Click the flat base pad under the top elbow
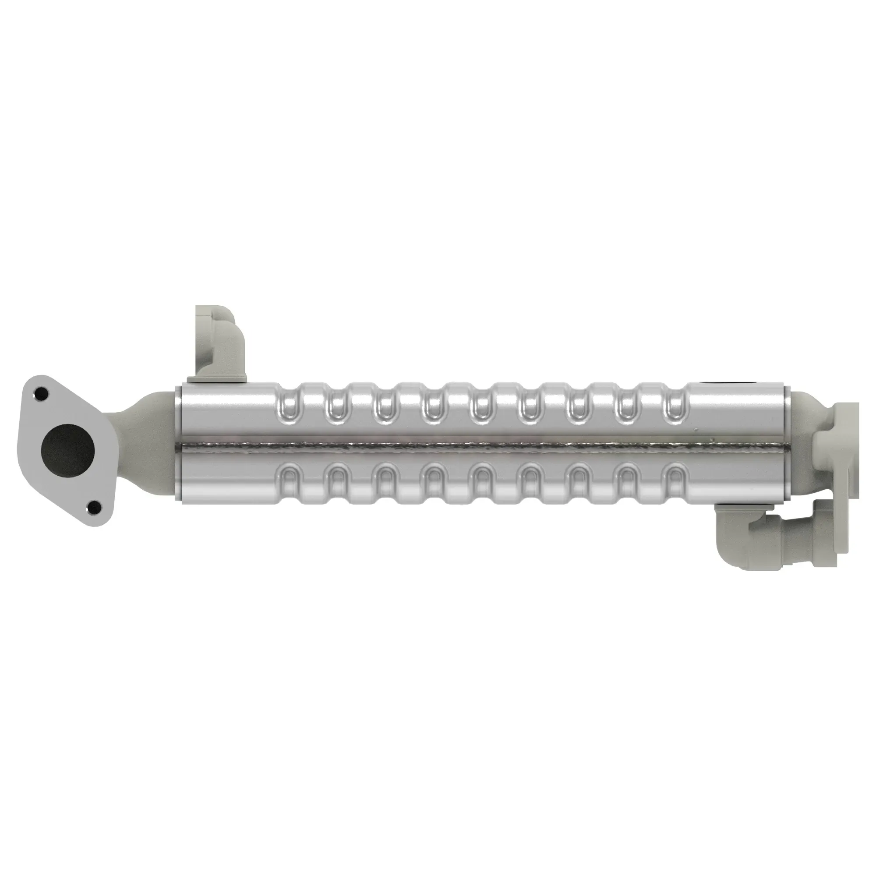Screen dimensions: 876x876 tap(218, 378)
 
